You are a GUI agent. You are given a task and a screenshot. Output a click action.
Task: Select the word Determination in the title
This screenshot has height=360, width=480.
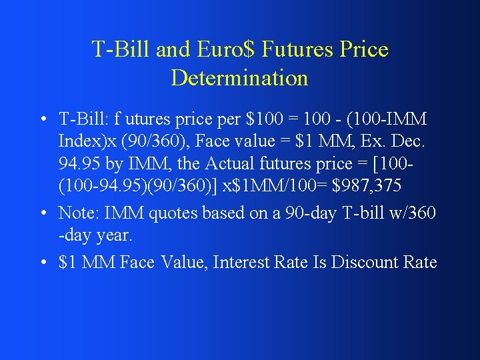(239, 78)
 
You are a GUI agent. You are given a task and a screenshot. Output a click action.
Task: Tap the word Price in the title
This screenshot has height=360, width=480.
(363, 49)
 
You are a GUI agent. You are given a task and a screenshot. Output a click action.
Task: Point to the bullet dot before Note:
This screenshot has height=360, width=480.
(42, 213)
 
